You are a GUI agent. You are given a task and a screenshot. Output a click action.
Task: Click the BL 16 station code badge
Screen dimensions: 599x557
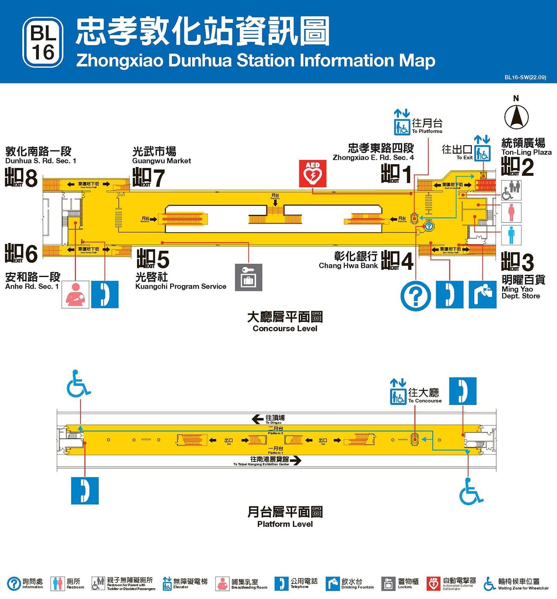coord(43,42)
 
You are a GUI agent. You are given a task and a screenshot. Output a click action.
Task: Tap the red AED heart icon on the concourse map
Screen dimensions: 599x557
coord(313,173)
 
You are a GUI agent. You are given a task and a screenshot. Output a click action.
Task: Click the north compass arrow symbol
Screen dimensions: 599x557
coord(516,117)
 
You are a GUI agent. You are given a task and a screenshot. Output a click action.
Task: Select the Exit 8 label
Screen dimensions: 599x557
coord(21,178)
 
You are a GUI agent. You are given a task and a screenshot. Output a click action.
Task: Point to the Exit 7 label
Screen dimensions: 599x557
coord(149,178)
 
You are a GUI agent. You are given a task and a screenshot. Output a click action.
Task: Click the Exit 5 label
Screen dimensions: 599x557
coord(153,259)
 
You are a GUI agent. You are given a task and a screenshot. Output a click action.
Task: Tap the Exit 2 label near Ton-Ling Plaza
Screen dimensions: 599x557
coord(518,167)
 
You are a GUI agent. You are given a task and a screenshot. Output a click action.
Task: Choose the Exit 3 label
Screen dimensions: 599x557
coord(518,262)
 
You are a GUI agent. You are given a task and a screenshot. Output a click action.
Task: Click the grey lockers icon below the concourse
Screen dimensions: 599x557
coord(248,277)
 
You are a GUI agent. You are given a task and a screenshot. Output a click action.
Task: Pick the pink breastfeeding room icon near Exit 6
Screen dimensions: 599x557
coord(75,294)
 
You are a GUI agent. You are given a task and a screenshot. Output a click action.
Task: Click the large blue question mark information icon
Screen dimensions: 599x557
coord(415,296)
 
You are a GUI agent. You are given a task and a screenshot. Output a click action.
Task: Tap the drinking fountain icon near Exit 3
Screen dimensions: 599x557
coord(482,294)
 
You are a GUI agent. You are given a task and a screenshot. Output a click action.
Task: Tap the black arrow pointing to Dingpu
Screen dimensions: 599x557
coord(258,419)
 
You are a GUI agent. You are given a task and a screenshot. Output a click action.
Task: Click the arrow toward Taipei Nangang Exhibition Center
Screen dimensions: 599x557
coord(296,460)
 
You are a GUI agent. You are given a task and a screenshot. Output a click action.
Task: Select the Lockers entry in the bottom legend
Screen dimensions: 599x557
coord(400,584)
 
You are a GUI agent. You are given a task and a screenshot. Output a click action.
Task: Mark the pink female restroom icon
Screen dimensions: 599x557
coord(511,212)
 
